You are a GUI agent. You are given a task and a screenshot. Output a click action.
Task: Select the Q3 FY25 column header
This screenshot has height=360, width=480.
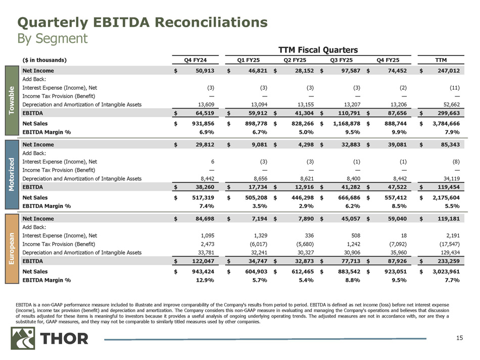point(341,60)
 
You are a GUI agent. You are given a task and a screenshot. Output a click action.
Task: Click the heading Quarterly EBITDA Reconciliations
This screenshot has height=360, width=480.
point(142,22)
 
